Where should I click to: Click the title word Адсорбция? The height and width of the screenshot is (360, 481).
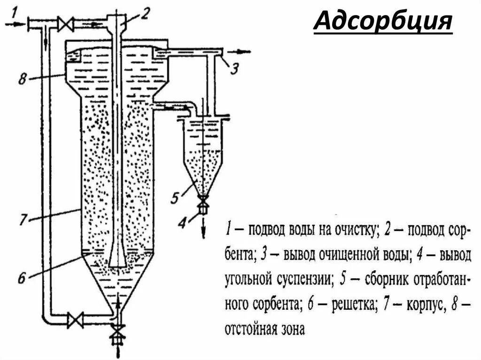(x=383, y=23)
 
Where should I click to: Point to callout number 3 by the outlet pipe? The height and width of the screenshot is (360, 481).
(x=234, y=69)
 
